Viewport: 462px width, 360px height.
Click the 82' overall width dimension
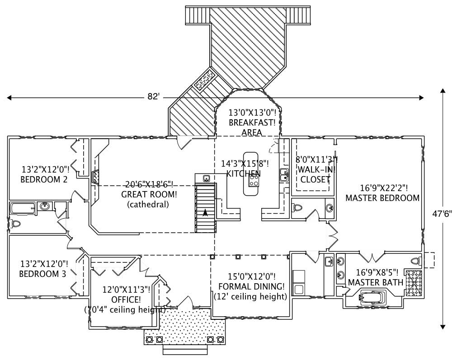[153, 97]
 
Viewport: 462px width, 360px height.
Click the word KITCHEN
[243, 173]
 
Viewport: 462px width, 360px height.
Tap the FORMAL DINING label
[251, 286]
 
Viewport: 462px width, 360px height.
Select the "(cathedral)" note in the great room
[148, 204]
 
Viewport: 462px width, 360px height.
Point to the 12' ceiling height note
[250, 297]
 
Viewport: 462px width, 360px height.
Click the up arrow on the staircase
[205, 212]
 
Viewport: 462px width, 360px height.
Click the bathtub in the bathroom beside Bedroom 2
[22, 208]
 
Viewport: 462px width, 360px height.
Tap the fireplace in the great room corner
[96, 177]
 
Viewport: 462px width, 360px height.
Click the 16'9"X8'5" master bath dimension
[377, 272]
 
